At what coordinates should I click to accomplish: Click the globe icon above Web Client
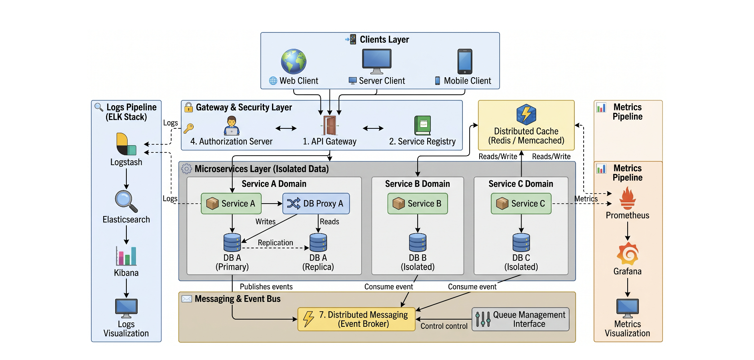294,62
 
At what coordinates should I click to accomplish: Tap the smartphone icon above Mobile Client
465,62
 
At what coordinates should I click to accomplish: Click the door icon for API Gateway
330,126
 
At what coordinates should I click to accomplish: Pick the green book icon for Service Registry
422,126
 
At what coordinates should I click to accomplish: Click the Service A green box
231,204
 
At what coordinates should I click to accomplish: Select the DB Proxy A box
316,204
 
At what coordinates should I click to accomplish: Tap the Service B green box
418,204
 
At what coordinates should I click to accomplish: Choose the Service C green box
521,204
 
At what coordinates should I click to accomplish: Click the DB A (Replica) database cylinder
318,242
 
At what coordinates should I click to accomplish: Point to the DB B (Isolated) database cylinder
418,242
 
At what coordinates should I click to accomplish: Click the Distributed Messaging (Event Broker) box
356,319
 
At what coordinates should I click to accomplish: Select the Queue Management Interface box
520,319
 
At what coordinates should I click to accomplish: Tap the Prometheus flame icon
628,199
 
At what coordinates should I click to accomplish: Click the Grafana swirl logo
628,254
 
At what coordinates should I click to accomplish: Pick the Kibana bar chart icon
126,256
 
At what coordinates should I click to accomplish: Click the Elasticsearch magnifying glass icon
126,201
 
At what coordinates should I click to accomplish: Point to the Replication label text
276,243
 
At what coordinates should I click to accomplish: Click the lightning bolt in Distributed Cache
526,115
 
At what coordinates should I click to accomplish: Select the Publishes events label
266,287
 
